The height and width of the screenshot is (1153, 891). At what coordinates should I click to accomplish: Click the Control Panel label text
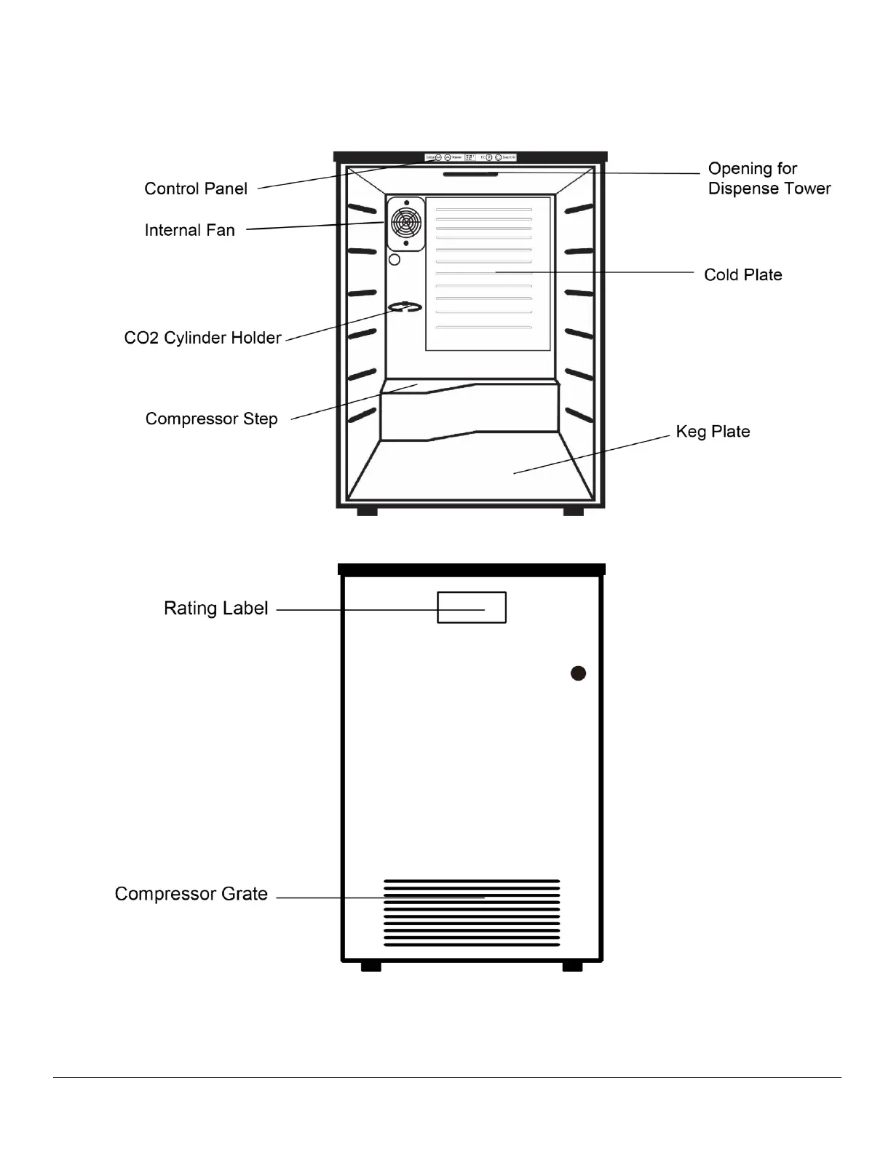(x=196, y=189)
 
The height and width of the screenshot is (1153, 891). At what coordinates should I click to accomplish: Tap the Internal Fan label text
(x=189, y=231)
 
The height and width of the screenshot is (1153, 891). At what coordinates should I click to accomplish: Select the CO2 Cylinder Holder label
(x=202, y=338)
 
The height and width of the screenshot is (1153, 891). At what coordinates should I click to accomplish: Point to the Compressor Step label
(x=211, y=419)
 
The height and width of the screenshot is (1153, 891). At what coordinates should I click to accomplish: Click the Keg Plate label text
(x=713, y=432)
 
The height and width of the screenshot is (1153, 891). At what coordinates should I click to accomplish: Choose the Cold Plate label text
(x=742, y=275)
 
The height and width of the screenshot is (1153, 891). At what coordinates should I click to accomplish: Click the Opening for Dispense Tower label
(x=769, y=179)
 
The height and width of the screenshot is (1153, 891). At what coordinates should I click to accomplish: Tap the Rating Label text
(x=215, y=609)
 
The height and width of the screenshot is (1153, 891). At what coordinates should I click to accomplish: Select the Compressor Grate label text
(x=191, y=894)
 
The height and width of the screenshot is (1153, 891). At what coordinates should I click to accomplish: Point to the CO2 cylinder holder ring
(x=405, y=307)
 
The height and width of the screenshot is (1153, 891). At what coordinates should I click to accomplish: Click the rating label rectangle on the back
(x=471, y=607)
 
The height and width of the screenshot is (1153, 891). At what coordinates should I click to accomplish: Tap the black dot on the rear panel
(x=578, y=673)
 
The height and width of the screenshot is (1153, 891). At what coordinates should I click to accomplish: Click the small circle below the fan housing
(x=395, y=259)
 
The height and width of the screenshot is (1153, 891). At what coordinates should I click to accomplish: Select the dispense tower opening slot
(x=470, y=174)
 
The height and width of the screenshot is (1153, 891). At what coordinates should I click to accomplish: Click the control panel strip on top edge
(x=470, y=157)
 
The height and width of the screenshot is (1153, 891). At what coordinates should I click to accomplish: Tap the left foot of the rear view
(x=371, y=966)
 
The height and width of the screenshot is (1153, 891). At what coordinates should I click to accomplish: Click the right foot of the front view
(x=574, y=512)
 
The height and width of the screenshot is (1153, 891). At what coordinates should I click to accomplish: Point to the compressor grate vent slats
(x=472, y=913)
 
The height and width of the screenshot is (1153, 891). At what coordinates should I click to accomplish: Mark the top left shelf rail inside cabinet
(x=362, y=210)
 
